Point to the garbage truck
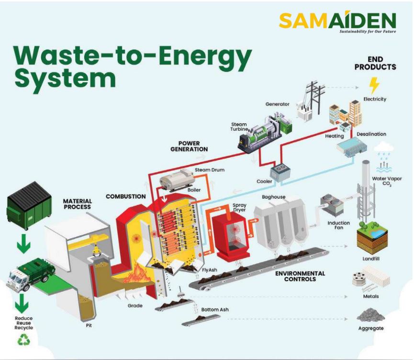click(30, 276)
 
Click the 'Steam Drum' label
click(209, 170)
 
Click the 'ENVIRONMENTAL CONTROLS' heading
click(300, 276)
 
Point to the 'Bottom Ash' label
click(215, 310)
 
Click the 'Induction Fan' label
click(338, 225)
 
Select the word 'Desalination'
click(371, 134)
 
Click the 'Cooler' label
click(264, 181)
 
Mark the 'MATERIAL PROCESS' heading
click(77, 203)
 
